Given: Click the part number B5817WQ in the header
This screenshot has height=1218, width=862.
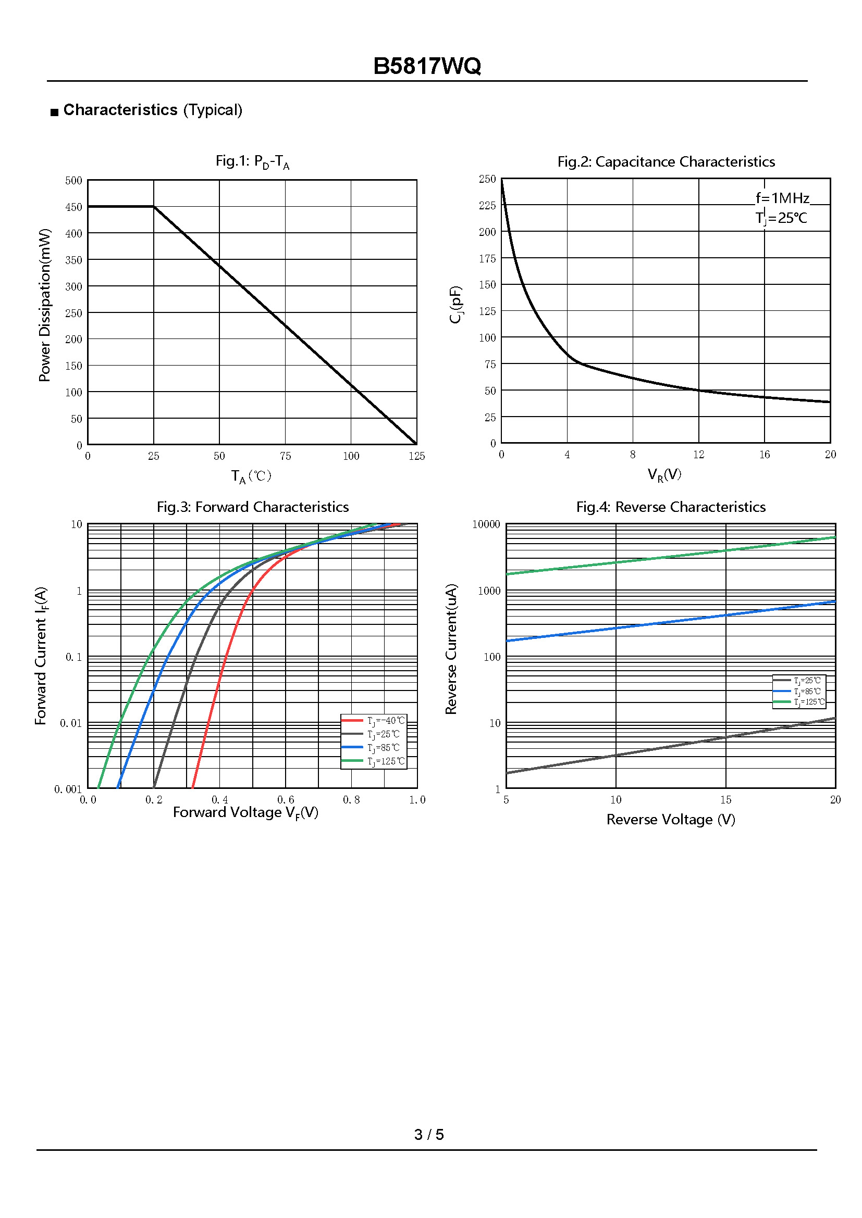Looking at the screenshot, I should pyautogui.click(x=427, y=66).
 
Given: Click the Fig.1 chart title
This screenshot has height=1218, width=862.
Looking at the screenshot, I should pyautogui.click(x=252, y=161).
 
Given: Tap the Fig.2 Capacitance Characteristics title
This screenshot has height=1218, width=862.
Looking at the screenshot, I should pyautogui.click(x=666, y=162).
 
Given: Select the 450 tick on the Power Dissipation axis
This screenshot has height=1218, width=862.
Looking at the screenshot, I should pyautogui.click(x=74, y=207).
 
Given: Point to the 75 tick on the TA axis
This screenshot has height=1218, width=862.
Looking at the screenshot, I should pyautogui.click(x=285, y=456).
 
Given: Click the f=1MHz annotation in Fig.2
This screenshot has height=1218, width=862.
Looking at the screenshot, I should pyautogui.click(x=782, y=198).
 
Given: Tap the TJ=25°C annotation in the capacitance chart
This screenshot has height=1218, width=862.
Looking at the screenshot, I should pyautogui.click(x=781, y=218).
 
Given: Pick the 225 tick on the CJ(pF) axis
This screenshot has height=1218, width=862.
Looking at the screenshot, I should pyautogui.click(x=487, y=206).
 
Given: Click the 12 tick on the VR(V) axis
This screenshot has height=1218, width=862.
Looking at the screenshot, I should pyautogui.click(x=698, y=455).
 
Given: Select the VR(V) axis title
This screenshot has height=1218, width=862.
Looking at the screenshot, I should pyautogui.click(x=664, y=475).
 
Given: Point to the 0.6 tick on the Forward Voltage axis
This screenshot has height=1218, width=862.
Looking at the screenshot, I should pyautogui.click(x=286, y=800).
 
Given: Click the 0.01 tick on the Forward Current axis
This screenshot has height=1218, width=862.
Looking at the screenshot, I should pyautogui.click(x=71, y=724).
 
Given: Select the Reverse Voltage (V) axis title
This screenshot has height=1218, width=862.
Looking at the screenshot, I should pyautogui.click(x=670, y=820).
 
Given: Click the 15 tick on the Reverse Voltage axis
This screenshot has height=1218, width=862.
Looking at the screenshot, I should pyautogui.click(x=725, y=800).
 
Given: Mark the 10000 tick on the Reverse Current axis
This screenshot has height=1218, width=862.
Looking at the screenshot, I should pyautogui.click(x=486, y=525).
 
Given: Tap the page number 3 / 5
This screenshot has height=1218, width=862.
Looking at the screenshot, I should pyautogui.click(x=429, y=1135).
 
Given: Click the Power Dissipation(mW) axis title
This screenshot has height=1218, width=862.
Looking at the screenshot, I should pyautogui.click(x=45, y=305).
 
